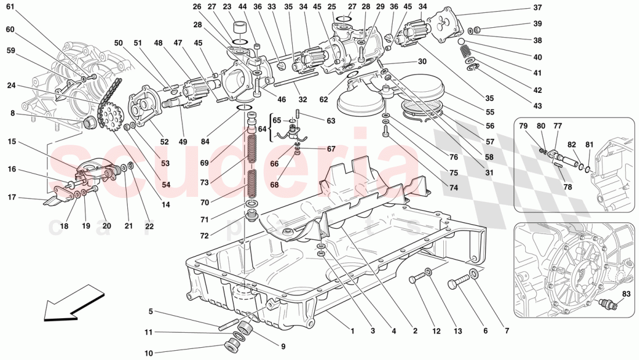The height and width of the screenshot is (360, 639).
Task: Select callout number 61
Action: pos(13,8)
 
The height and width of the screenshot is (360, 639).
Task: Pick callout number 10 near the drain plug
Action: pos(149,352)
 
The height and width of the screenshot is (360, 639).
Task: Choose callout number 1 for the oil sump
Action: pos(351,331)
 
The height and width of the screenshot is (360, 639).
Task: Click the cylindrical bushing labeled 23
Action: pos(239,28)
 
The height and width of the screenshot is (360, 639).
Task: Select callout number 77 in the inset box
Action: pos(558,125)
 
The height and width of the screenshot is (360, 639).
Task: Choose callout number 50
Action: pos(119,43)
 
